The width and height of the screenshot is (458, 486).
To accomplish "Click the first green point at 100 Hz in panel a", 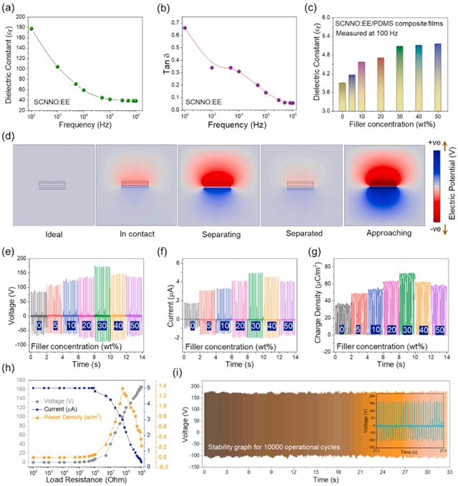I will pos(31,29).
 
